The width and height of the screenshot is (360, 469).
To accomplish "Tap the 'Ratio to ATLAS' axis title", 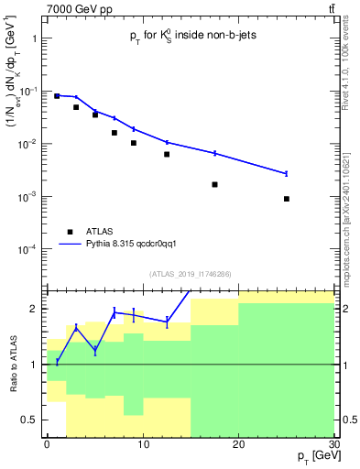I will (13, 365).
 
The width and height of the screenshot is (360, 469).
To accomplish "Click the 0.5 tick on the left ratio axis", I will (35, 420).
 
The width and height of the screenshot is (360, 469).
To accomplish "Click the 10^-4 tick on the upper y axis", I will (29, 250).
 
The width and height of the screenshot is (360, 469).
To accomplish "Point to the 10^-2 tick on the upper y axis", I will (29, 145).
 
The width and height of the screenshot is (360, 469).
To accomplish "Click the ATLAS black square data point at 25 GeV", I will (287, 199).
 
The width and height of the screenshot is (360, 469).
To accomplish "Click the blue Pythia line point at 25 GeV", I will (287, 173).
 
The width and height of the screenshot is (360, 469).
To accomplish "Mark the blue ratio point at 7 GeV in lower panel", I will (114, 312).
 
